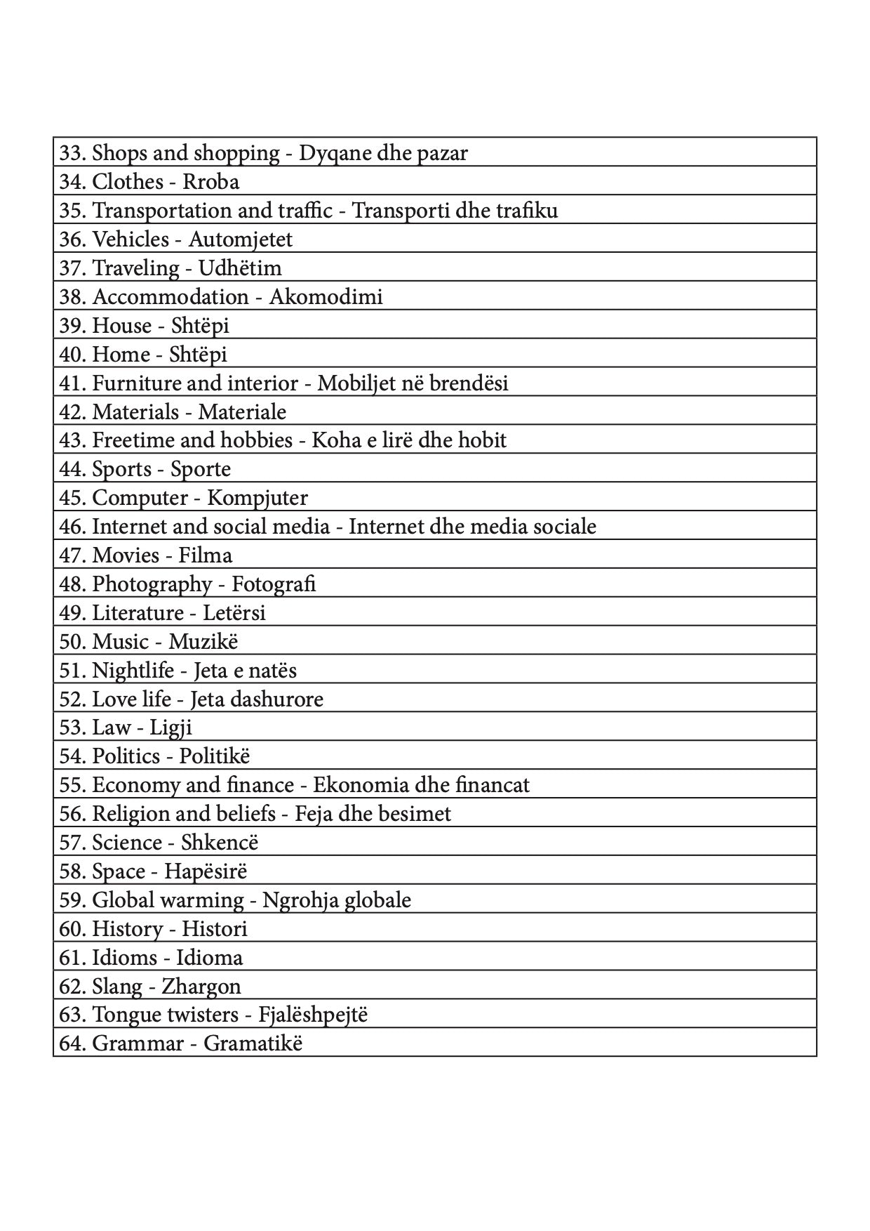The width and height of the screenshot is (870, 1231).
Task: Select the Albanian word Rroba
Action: pyautogui.click(x=211, y=182)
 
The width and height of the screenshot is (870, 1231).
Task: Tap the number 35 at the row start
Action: pyautogui.click(x=71, y=211)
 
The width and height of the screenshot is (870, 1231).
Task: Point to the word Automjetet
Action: pyautogui.click(x=240, y=239)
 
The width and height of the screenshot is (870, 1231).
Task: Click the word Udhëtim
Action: pyautogui.click(x=240, y=268)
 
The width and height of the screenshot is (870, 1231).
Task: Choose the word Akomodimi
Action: pyautogui.click(x=326, y=297)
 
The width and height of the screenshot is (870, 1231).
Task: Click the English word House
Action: pyautogui.click(x=122, y=326)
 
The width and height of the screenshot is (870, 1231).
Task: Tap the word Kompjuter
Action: pyautogui.click(x=257, y=498)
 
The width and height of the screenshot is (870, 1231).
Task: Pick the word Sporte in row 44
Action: pyautogui.click(x=201, y=469)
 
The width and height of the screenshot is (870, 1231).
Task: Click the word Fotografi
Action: pyautogui.click(x=274, y=584)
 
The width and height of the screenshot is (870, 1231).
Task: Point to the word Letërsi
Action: pyautogui.click(x=234, y=613)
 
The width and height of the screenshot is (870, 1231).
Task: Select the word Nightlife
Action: pyautogui.click(x=133, y=671)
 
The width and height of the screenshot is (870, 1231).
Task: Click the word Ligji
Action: pyautogui.click(x=170, y=728)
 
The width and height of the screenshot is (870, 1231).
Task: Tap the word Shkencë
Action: pyautogui.click(x=220, y=843)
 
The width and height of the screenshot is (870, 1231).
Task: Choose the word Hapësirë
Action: pyautogui.click(x=206, y=871)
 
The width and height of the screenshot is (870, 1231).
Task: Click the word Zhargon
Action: pyautogui.click(x=201, y=987)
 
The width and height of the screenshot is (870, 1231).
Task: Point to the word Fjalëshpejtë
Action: pyautogui.click(x=313, y=1015)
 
